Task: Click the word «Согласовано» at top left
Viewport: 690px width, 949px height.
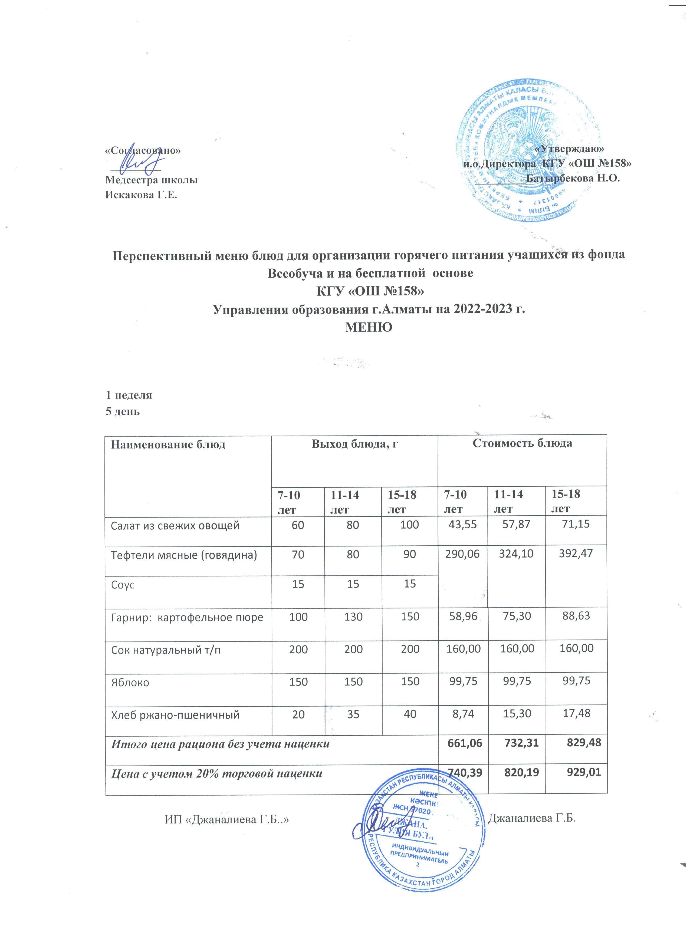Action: click(x=143, y=151)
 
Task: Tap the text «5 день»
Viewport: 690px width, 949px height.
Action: click(x=122, y=411)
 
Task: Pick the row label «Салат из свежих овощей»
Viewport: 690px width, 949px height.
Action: click(x=175, y=526)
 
